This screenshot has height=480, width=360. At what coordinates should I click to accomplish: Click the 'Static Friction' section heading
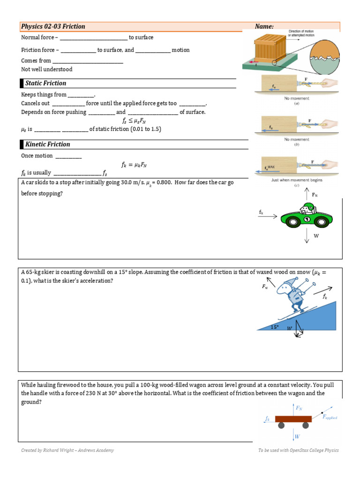coord(45,83)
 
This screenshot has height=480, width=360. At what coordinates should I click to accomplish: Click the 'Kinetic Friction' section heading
coord(47,144)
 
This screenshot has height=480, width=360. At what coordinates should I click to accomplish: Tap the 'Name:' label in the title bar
coord(264,27)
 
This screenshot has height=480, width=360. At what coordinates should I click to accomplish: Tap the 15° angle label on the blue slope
coord(275,327)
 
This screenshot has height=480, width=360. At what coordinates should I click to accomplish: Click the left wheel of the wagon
coord(281,425)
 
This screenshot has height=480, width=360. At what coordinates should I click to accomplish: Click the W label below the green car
coord(316,236)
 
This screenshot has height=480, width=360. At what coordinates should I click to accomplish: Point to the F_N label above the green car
coord(315,195)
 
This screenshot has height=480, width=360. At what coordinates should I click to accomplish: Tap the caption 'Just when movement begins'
coord(297,180)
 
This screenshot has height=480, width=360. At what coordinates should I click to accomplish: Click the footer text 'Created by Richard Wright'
coord(67,450)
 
